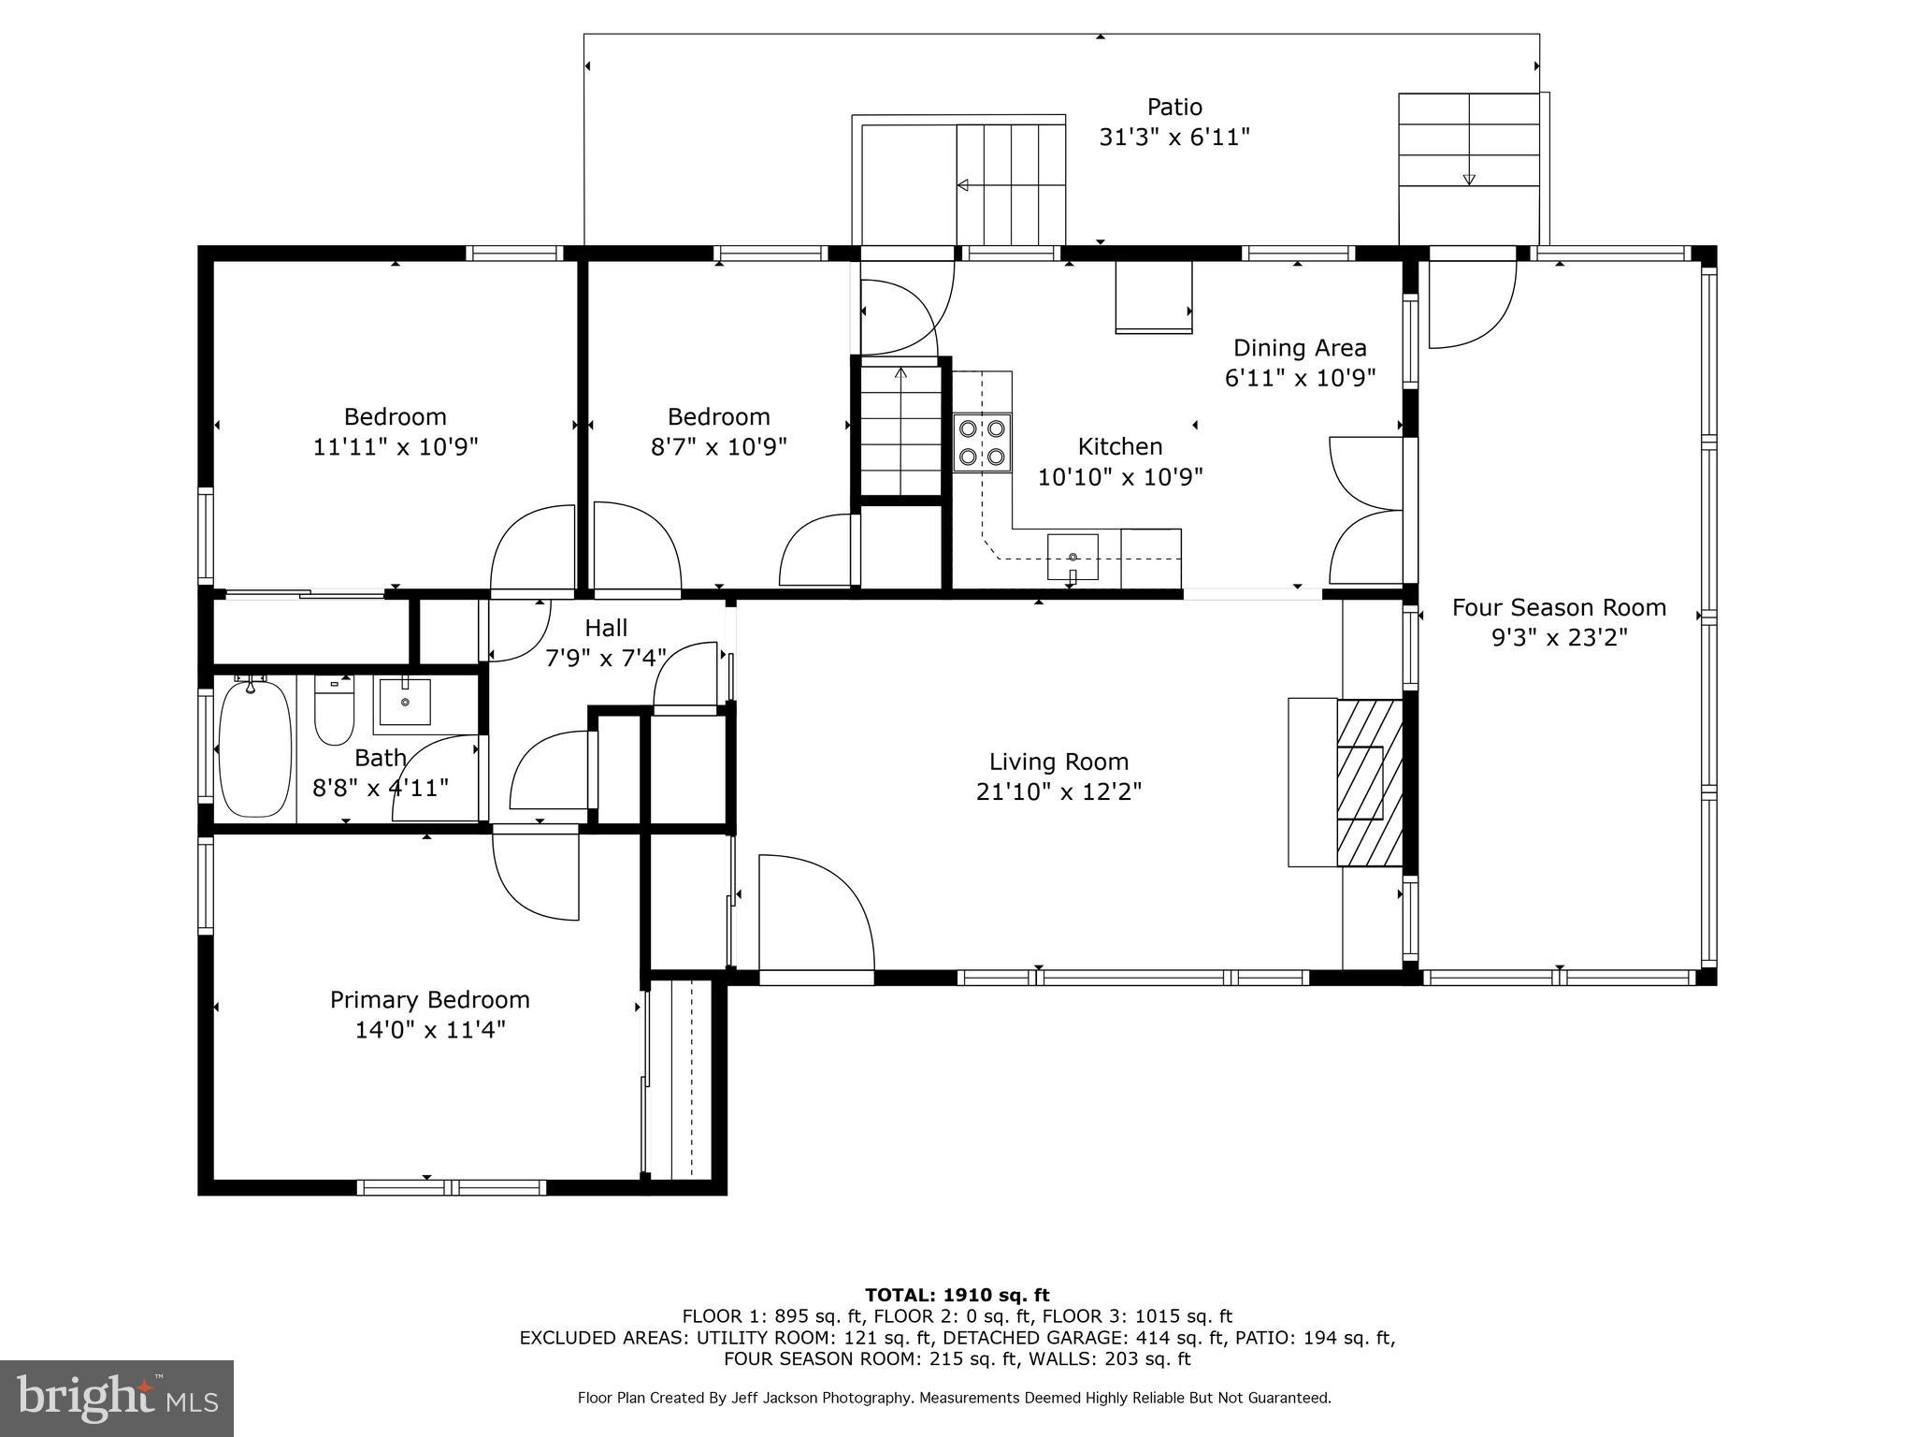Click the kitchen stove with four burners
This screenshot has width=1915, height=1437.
[982, 443]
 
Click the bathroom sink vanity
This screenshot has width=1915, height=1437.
[404, 702]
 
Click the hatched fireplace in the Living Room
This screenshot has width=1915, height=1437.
[1370, 783]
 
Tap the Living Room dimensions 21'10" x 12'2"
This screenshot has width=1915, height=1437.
[1058, 792]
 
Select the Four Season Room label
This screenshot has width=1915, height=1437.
[1559, 607]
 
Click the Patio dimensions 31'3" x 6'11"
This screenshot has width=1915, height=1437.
[1173, 138]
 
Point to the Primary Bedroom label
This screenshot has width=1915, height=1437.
[429, 999]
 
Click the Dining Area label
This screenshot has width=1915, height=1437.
[1300, 348]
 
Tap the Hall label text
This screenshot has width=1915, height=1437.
[606, 628]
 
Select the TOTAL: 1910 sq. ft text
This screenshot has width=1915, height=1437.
[957, 1295]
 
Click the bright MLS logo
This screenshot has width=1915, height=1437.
[117, 1398]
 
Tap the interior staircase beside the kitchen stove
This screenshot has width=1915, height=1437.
[900, 430]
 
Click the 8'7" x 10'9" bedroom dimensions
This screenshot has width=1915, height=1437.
[718, 447]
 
